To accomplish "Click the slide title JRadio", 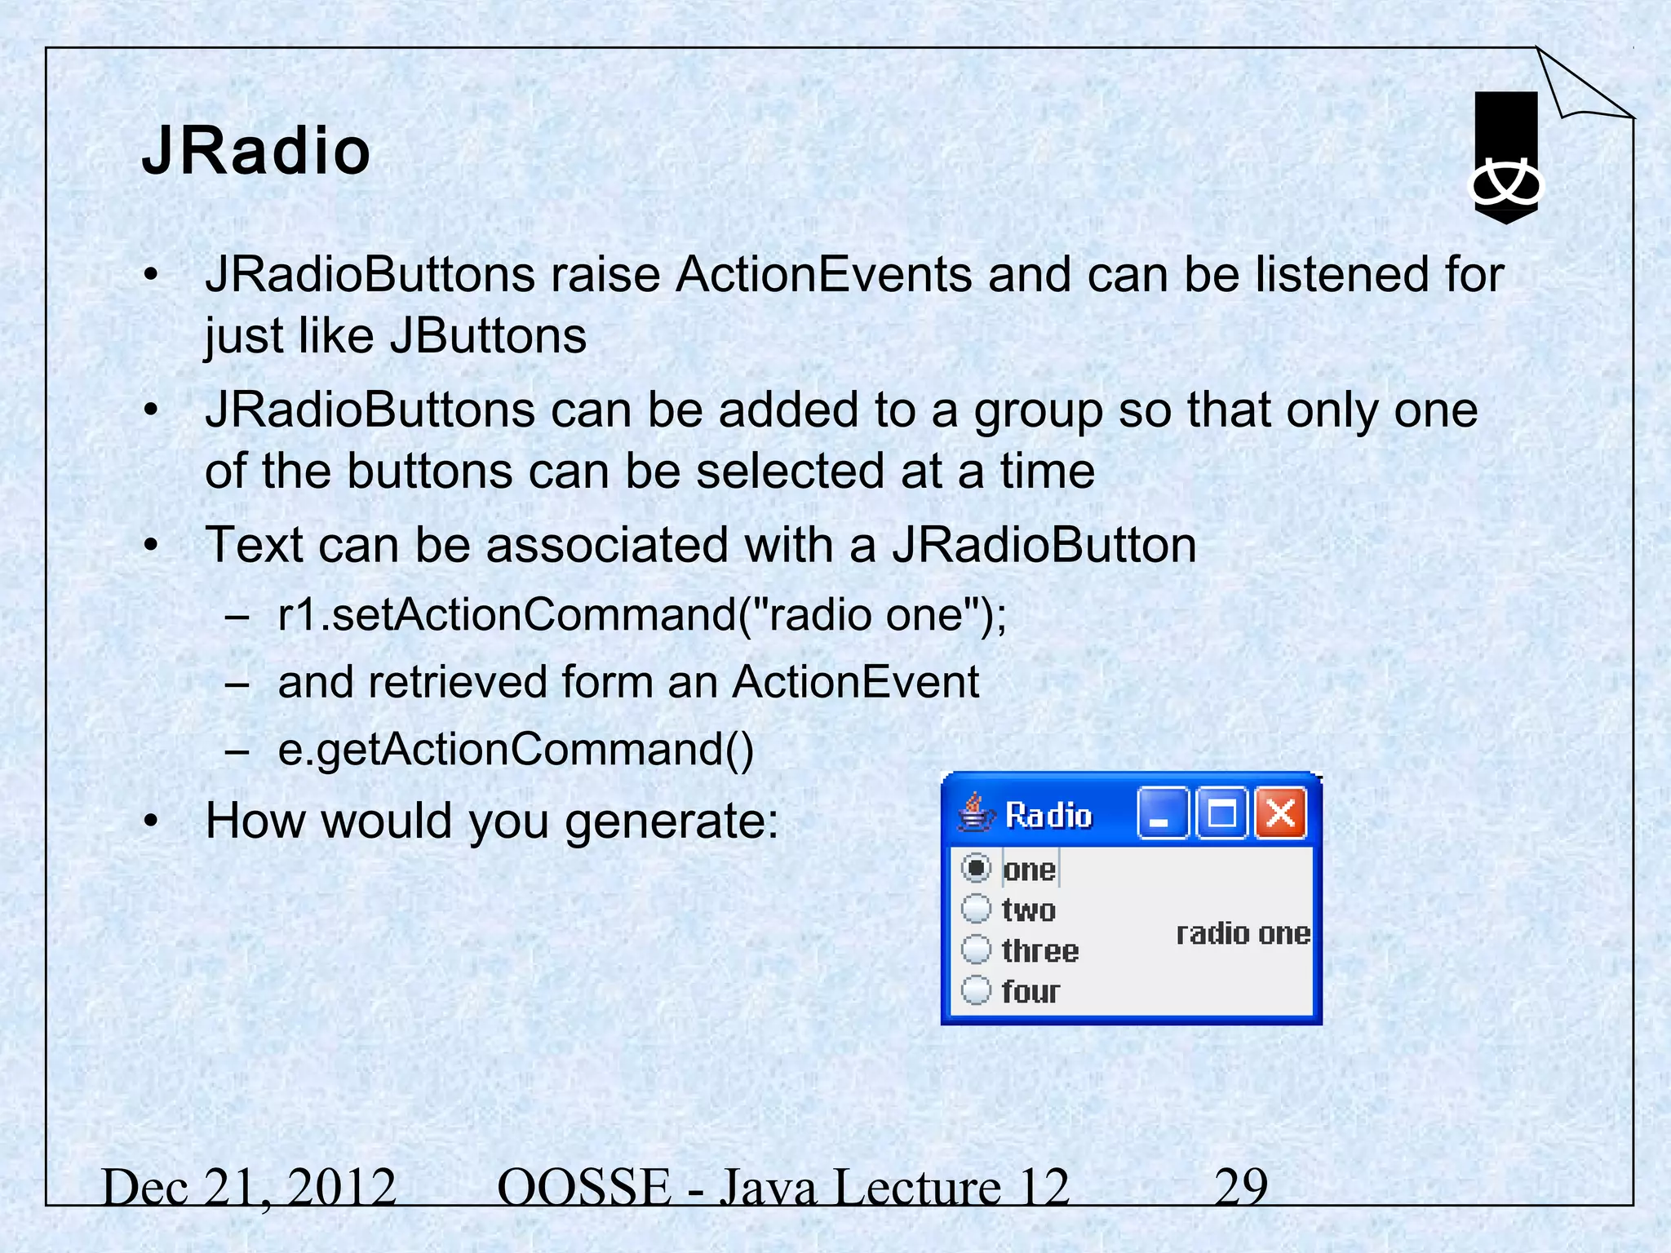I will pyautogui.click(x=256, y=152).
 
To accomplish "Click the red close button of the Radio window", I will pyautogui.click(x=1280, y=813).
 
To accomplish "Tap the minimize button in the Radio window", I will pyautogui.click(x=1162, y=813).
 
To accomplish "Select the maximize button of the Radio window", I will pyautogui.click(x=1221, y=813).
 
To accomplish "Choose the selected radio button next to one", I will pyautogui.click(x=976, y=868).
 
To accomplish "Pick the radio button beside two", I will pyautogui.click(x=976, y=908).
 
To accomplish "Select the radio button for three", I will pyautogui.click(x=976, y=950).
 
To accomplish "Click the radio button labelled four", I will pyautogui.click(x=976, y=990).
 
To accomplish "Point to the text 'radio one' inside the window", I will pyautogui.click(x=1243, y=933).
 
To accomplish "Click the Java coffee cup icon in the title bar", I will pyautogui.click(x=975, y=813).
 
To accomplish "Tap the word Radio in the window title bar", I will pyautogui.click(x=1048, y=815).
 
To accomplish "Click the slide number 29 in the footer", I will pyautogui.click(x=1241, y=1187).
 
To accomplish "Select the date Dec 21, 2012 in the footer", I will pyautogui.click(x=249, y=1187).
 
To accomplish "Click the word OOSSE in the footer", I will pyautogui.click(x=583, y=1187).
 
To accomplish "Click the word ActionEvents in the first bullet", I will pyautogui.click(x=823, y=274).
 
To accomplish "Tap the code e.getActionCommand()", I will pyautogui.click(x=516, y=749).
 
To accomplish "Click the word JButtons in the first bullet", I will pyautogui.click(x=488, y=335).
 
